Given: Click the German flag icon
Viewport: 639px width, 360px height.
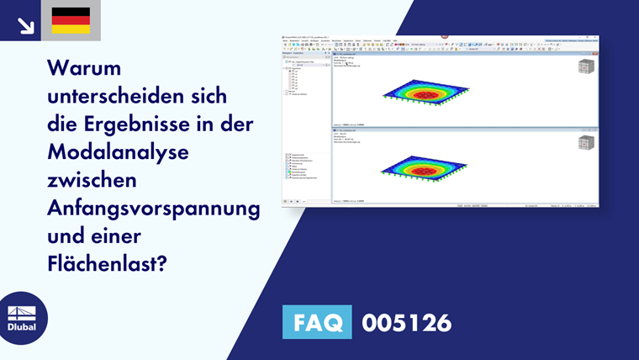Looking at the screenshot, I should [71, 20].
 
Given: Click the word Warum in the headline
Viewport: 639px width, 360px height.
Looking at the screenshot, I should [85, 66].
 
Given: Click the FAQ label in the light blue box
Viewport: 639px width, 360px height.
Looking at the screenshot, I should [317, 322].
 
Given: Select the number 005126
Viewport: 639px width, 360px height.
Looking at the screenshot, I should [406, 322].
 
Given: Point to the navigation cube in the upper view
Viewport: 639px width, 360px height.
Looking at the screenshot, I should [586, 67].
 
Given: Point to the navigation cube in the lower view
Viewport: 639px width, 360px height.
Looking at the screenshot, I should [586, 141].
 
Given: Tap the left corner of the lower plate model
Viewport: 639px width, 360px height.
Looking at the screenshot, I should [381, 171].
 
